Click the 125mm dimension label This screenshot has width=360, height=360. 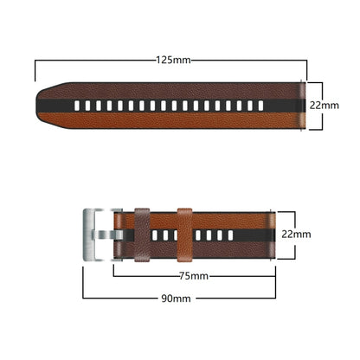point(173,60)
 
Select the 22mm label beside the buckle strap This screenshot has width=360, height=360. point(295,235)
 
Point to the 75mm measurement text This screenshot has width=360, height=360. point(193,276)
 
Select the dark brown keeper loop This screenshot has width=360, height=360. point(142,235)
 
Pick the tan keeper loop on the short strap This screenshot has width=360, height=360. point(184,235)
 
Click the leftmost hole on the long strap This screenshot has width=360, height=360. point(78,106)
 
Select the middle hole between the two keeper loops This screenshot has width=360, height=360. point(164,235)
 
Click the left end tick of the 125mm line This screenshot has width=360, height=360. point(35,69)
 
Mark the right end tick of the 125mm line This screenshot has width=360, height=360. point(307,69)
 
